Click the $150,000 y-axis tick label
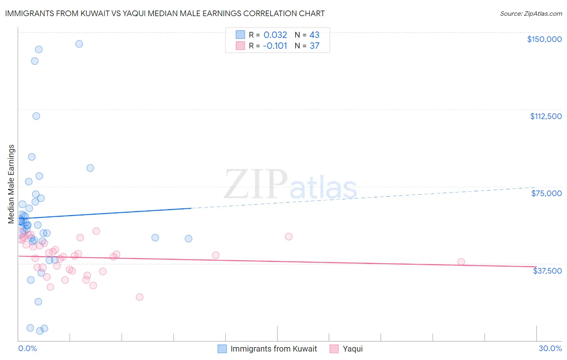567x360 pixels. pyautogui.click(x=544, y=39)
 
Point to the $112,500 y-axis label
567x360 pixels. pyautogui.click(x=546, y=116)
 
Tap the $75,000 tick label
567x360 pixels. pyautogui.click(x=546, y=193)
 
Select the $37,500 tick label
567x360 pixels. pyautogui.click(x=547, y=271)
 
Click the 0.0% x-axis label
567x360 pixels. pyautogui.click(x=27, y=348)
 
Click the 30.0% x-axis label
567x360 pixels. pyautogui.click(x=550, y=348)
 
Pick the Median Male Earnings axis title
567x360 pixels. pyautogui.click(x=11, y=184)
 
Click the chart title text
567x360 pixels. pyautogui.click(x=165, y=13)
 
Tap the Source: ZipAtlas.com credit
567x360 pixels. pyautogui.click(x=531, y=14)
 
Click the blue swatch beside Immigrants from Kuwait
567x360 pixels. pyautogui.click(x=222, y=349)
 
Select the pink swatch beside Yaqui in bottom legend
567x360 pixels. pyautogui.click(x=334, y=349)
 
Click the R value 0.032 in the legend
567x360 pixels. pyautogui.click(x=275, y=35)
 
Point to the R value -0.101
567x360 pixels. pyautogui.click(x=275, y=46)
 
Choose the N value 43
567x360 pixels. pyautogui.click(x=314, y=35)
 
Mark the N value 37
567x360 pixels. pyautogui.click(x=314, y=46)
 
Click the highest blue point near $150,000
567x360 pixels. pyautogui.click(x=79, y=44)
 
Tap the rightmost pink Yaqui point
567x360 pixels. pyautogui.click(x=461, y=262)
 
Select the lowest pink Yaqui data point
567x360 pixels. pyautogui.click(x=140, y=297)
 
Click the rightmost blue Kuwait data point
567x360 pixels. pyautogui.click(x=188, y=239)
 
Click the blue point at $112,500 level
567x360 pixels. pyautogui.click(x=36, y=116)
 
